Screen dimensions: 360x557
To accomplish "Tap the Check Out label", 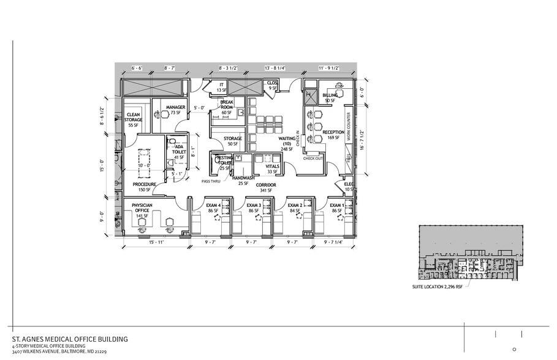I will point(313,159).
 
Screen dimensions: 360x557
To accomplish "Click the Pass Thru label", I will point(211,182).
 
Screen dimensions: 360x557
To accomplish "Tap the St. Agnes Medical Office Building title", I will point(71,339).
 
